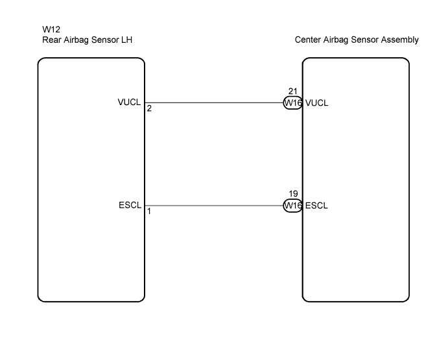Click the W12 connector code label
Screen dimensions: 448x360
[51, 29]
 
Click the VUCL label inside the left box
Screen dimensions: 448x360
[129, 102]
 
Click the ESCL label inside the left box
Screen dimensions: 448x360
[130, 205]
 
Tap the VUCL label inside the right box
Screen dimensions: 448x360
[317, 102]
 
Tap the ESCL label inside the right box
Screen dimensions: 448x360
[316, 206]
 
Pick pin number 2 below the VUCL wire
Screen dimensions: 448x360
[149, 108]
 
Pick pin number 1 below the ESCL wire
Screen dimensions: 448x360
[149, 211]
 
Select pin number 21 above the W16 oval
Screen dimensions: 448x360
[293, 91]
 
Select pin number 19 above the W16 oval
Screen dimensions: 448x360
[293, 193]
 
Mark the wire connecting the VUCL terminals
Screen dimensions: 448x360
[214, 102]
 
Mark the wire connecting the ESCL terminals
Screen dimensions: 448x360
[214, 206]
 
